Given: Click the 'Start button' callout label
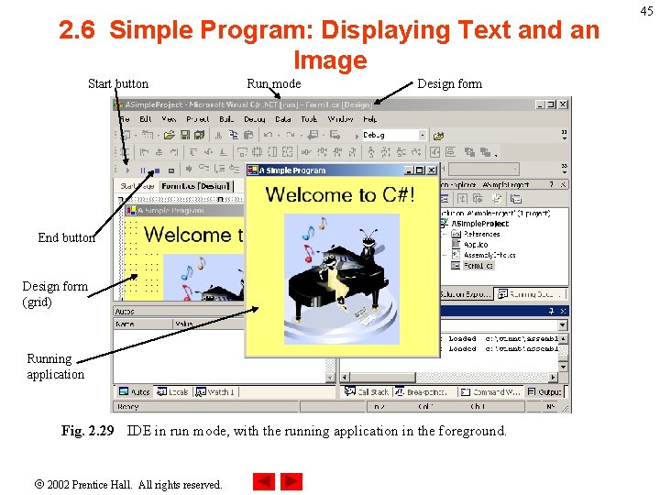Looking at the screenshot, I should [117, 83].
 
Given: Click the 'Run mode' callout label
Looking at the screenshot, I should [273, 83].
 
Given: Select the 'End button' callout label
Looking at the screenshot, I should [66, 237].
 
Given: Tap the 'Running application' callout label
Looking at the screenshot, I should [55, 367].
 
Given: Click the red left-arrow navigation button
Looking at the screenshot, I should [263, 481].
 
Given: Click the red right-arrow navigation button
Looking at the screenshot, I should [291, 481].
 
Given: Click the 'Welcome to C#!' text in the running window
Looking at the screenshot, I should [340, 194].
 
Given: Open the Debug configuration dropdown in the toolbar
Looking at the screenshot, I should [423, 135].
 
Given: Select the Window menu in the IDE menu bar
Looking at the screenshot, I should [340, 119].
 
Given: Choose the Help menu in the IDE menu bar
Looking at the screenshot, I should [369, 119].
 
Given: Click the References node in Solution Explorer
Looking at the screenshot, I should [481, 234].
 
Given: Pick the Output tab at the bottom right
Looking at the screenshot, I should [551, 391].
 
